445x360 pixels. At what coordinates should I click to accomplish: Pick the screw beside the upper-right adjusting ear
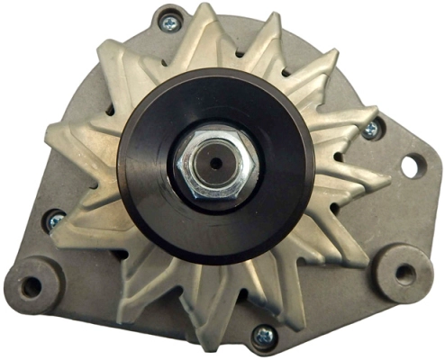point(370,130)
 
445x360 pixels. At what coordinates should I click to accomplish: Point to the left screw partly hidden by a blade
point(56,218)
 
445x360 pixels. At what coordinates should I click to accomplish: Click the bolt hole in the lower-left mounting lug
point(32,287)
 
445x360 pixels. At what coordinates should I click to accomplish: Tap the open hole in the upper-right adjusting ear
point(412,165)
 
